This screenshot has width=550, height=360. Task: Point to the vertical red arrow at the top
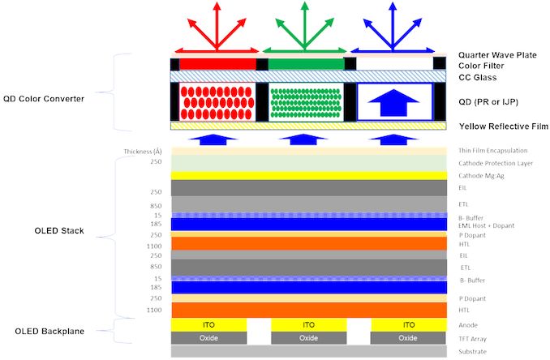pyautogui.click(x=217, y=24)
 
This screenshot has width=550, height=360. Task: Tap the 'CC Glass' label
pyautogui.click(x=477, y=78)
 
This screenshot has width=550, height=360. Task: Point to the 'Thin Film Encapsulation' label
pyautogui.click(x=494, y=151)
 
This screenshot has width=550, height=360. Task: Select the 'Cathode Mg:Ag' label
pyautogui.click(x=482, y=175)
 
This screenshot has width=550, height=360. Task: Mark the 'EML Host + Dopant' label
pyautogui.click(x=489, y=225)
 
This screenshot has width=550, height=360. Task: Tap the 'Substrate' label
pyautogui.click(x=474, y=351)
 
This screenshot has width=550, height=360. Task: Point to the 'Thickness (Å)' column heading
pyautogui.click(x=144, y=152)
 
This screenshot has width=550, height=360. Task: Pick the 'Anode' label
pyautogui.click(x=470, y=324)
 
